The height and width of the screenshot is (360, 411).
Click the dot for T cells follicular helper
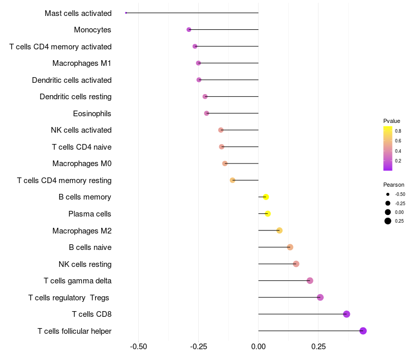click(x=363, y=331)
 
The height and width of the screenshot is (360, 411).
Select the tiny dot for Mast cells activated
click(x=126, y=13)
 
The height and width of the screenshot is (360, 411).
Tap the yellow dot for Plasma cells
click(x=268, y=213)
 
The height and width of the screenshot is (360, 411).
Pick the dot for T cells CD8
click(x=346, y=314)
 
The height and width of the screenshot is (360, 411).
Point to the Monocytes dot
click(x=189, y=30)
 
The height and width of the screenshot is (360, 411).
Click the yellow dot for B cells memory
click(x=266, y=197)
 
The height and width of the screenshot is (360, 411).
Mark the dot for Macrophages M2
click(x=279, y=230)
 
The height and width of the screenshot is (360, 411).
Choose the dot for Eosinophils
click(x=207, y=113)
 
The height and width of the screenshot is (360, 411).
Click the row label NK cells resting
click(x=85, y=264)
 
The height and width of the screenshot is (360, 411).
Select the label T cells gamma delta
click(x=78, y=281)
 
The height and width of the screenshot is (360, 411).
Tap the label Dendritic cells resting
click(x=76, y=97)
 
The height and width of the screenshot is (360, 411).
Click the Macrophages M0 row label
click(x=82, y=164)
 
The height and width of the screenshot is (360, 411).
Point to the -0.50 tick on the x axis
click(x=139, y=347)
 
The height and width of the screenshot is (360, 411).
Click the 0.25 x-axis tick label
click(x=318, y=347)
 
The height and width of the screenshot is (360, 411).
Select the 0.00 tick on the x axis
click(x=258, y=347)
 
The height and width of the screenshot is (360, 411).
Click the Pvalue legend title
click(x=391, y=121)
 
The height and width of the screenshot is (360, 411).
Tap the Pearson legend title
click(x=394, y=185)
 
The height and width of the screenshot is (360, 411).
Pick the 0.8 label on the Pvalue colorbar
click(x=398, y=131)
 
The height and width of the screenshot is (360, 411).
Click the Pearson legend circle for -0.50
click(x=388, y=194)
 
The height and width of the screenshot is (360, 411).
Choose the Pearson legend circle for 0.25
click(x=388, y=221)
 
